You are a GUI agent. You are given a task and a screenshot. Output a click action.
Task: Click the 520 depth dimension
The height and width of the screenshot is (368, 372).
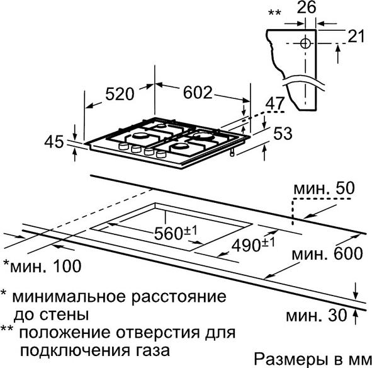pos(120,94)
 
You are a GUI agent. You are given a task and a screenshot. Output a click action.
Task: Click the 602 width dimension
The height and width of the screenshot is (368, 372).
pos(198,92)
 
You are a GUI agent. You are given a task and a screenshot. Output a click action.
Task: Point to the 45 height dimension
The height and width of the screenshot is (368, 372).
pos(54,142)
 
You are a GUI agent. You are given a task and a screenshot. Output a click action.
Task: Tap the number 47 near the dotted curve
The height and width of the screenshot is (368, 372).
pos(274,103)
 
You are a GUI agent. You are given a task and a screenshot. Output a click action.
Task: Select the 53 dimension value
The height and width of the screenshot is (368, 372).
pos(283,134)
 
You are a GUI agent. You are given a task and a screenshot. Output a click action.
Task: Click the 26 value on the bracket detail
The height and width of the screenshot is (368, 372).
pos(307,8)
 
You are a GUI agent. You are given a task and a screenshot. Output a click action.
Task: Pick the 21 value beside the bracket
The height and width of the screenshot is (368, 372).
pos(356,37)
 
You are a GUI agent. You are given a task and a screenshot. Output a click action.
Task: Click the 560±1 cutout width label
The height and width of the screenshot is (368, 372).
pos(176,233)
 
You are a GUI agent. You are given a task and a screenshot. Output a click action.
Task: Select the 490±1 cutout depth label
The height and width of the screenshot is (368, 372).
pos(253,244)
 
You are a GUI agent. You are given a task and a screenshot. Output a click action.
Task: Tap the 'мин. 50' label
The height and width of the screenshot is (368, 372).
pos(324,188)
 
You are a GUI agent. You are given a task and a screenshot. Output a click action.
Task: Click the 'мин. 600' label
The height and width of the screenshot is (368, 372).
pos(327,253)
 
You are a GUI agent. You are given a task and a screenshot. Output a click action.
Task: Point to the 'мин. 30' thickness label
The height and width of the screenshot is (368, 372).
pos(317,316)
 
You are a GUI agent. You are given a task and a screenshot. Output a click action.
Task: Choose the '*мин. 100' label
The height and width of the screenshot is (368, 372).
pos(42,266)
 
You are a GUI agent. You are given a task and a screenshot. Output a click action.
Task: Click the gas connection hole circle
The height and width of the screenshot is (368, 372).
pos(305,43)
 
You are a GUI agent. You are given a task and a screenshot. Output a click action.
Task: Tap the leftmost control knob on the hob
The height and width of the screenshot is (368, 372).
pos(123,146)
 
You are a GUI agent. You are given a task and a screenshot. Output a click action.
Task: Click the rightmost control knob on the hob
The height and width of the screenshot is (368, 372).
pos(161,154)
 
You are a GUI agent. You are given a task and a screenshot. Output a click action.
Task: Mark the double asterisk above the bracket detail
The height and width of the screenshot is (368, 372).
pos(274,12)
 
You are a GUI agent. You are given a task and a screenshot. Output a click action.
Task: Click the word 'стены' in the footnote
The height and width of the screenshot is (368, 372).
pos(64,314)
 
